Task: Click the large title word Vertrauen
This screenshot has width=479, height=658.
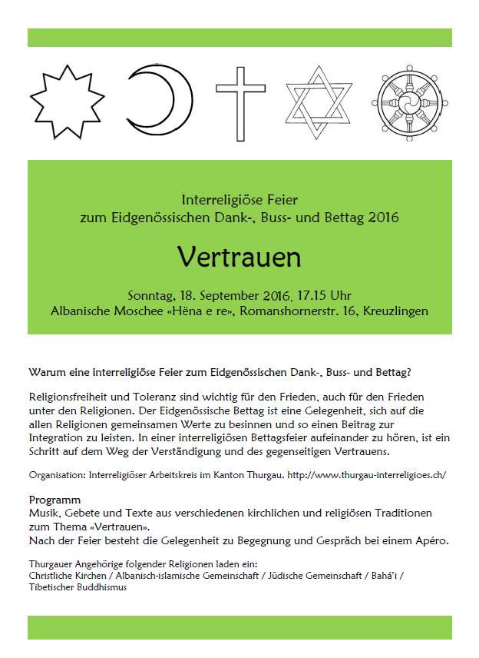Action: [239, 257]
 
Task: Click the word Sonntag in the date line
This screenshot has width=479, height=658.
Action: [152, 296]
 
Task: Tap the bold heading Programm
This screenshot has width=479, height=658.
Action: [55, 500]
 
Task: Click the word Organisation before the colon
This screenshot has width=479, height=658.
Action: [58, 475]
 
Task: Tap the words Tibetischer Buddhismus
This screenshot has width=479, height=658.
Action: [78, 587]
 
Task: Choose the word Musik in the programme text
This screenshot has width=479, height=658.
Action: [45, 513]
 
